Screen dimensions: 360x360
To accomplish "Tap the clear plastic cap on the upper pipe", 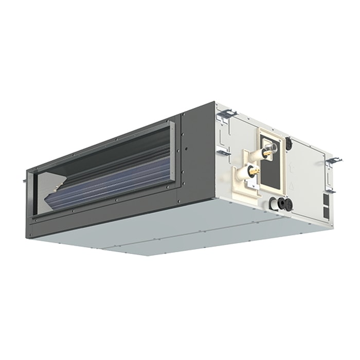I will (x=273, y=149).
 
